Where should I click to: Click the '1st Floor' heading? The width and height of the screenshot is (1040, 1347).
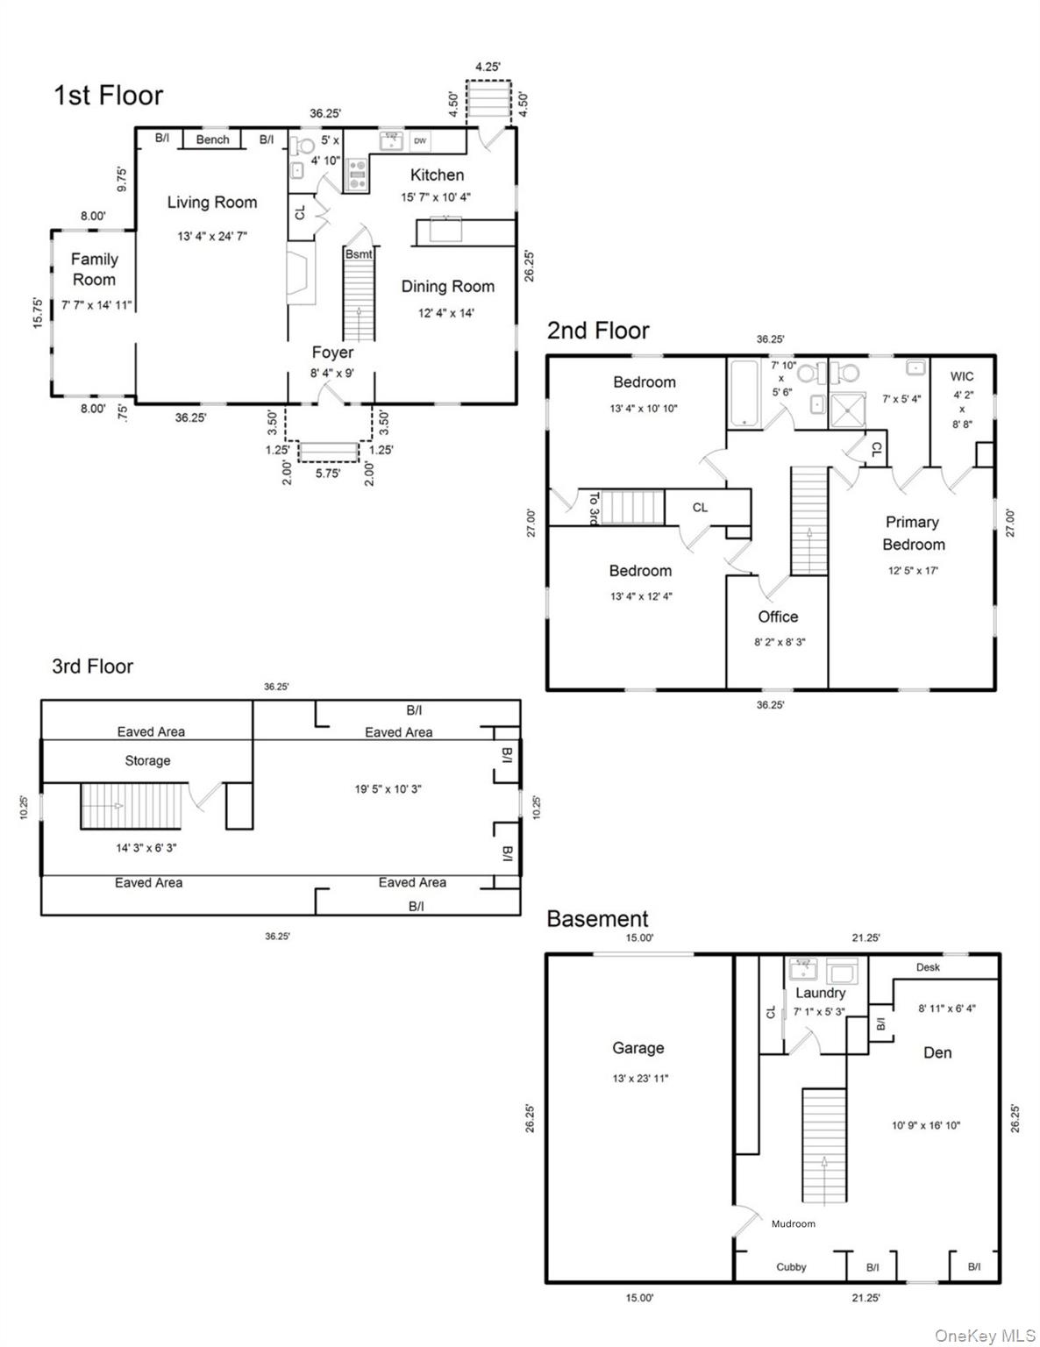coord(109,95)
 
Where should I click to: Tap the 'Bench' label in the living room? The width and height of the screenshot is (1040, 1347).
coord(212,139)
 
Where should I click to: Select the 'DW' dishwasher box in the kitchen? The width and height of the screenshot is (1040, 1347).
coord(420,140)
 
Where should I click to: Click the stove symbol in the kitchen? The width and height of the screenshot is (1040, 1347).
coord(356,175)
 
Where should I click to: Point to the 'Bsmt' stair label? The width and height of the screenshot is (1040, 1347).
coord(359,254)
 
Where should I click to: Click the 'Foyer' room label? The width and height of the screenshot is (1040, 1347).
coord(333,353)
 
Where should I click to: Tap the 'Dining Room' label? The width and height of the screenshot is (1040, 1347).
coord(448,287)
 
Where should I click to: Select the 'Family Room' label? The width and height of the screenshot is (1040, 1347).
coord(94,269)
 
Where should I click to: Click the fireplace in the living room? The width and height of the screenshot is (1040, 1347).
coord(301,273)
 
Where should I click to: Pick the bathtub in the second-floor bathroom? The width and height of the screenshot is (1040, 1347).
coord(744,392)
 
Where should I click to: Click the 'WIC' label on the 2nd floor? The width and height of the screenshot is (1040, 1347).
coord(962,376)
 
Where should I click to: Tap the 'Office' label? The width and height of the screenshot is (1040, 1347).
coord(779,616)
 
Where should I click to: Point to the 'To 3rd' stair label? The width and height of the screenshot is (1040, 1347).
coord(594,509)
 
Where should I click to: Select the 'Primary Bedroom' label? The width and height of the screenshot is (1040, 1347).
coord(913,533)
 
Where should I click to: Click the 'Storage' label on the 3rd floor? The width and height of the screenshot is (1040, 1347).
coord(147,760)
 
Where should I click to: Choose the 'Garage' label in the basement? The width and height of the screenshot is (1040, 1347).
coord(638,1048)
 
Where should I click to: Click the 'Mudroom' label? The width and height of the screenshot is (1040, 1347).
coord(794,1223)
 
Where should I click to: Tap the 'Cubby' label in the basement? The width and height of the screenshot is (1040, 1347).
coord(792,1267)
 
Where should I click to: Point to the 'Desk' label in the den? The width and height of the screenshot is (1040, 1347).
coord(928,967)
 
